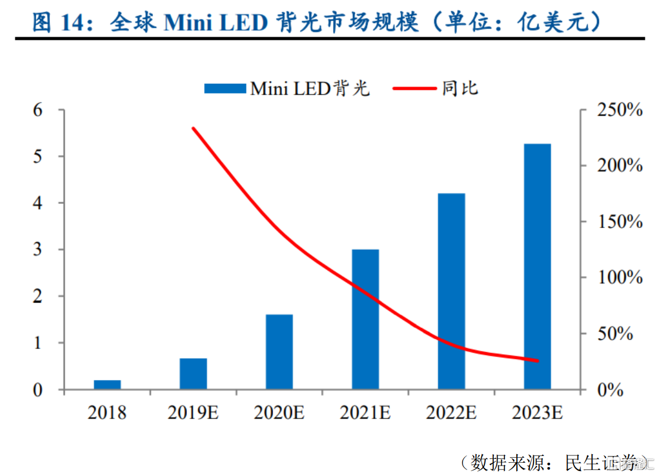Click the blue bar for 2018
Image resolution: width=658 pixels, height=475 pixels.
pyautogui.click(x=107, y=384)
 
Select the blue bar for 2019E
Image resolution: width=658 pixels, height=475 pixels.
pyautogui.click(x=193, y=373)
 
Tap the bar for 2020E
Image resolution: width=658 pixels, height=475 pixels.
pyautogui.click(x=279, y=351)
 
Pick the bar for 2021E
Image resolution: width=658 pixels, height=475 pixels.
pyautogui.click(x=365, y=319)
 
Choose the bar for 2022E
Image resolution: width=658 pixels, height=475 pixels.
pyautogui.click(x=451, y=291)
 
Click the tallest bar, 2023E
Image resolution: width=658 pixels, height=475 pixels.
pyautogui.click(x=537, y=267)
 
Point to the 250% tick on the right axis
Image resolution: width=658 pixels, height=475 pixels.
pyautogui.click(x=618, y=110)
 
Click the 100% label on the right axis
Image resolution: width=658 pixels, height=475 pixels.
pyautogui.click(x=618, y=278)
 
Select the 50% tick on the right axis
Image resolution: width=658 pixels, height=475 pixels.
pyautogui.click(x=623, y=334)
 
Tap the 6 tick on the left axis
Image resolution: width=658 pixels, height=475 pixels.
pyautogui.click(x=37, y=110)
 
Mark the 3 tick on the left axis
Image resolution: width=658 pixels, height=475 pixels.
pyautogui.click(x=37, y=250)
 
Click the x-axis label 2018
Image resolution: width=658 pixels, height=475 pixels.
pyautogui.click(x=107, y=413)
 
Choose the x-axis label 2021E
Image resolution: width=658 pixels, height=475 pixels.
pyautogui.click(x=365, y=413)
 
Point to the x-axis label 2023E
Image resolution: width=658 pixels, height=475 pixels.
pyautogui.click(x=537, y=413)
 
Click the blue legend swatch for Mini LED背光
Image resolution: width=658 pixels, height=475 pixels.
pyautogui.click(x=225, y=88)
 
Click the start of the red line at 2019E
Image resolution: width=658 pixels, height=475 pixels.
pyautogui.click(x=193, y=129)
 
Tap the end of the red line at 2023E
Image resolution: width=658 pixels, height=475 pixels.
pyautogui.click(x=537, y=361)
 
